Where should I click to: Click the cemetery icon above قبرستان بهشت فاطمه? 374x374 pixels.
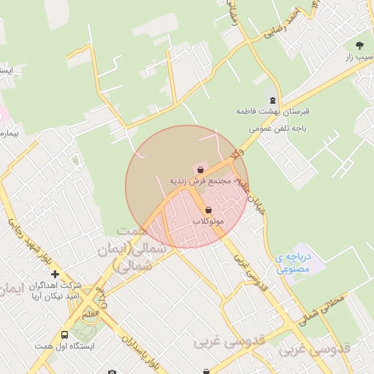pos(272,101)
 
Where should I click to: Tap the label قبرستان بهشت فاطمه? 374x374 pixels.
pos(272,112)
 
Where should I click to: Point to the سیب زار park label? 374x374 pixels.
pos(358,56)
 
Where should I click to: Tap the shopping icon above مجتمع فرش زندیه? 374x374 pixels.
pos(200,169)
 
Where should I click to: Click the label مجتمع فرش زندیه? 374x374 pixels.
pos(200,180)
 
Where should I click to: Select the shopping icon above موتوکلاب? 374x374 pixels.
pos(209,210)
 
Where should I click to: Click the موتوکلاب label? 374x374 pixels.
pos(209,221)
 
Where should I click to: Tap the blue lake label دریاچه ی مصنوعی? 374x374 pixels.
pos(294,263)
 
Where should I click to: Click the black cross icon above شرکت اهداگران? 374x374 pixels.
pos(55,274)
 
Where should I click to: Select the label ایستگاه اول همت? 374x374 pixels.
pos(64,346)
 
